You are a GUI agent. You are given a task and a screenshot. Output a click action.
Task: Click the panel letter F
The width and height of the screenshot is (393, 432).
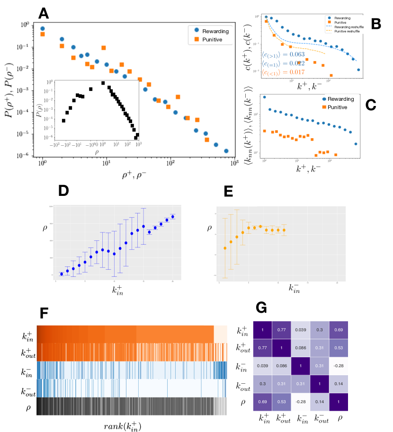(x=43, y=313)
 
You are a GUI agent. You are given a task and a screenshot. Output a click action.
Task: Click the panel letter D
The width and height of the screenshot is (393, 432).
(x=64, y=190)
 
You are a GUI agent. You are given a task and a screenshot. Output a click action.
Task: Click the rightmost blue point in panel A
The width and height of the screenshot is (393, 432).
(x=226, y=151)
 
